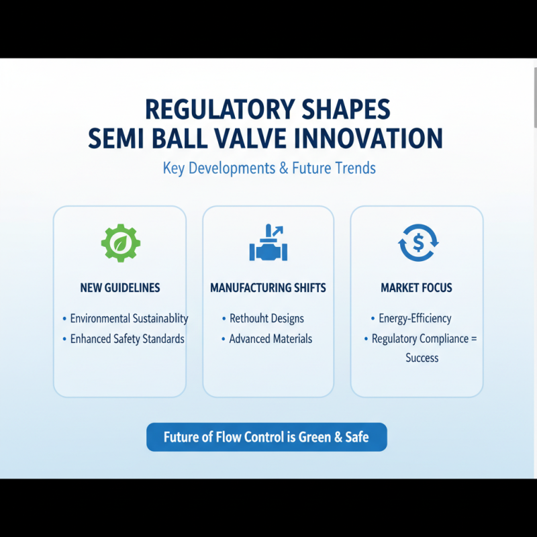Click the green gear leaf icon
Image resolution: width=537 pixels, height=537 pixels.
pyautogui.click(x=121, y=243)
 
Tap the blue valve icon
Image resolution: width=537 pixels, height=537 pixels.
pyautogui.click(x=268, y=242)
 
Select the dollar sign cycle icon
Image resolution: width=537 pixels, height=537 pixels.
pyautogui.click(x=418, y=242)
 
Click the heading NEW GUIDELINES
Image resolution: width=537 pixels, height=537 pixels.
pyautogui.click(x=120, y=288)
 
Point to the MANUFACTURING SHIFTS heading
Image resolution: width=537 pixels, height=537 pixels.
pyautogui.click(x=268, y=288)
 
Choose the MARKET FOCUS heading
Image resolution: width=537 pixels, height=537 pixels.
pyautogui.click(x=416, y=288)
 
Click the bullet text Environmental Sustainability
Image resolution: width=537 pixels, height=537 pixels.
pyautogui.click(x=129, y=318)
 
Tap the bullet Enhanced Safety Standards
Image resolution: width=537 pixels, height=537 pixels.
pyautogui.click(x=128, y=339)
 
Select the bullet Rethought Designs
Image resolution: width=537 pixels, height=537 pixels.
pyautogui.click(x=266, y=318)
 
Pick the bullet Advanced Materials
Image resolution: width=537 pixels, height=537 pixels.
pyautogui.click(x=271, y=339)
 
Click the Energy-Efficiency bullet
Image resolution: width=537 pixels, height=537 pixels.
pyautogui.click(x=415, y=318)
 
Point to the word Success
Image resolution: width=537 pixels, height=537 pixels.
pyautogui.click(x=422, y=358)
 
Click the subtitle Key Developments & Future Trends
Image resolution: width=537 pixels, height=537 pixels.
pyautogui.click(x=269, y=168)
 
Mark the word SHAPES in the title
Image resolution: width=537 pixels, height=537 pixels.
pyautogui.click(x=346, y=109)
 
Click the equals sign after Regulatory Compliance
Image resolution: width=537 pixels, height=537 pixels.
pyautogui.click(x=474, y=339)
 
